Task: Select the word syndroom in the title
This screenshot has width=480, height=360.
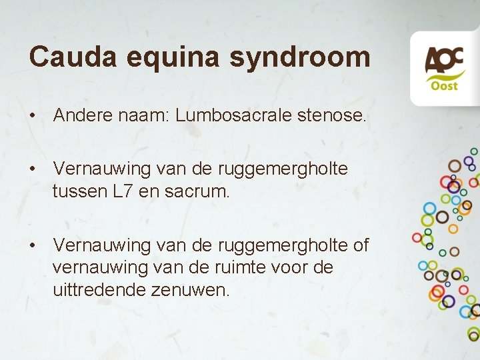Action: [x=300, y=58]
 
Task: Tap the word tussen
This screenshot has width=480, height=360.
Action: [x=80, y=193]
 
